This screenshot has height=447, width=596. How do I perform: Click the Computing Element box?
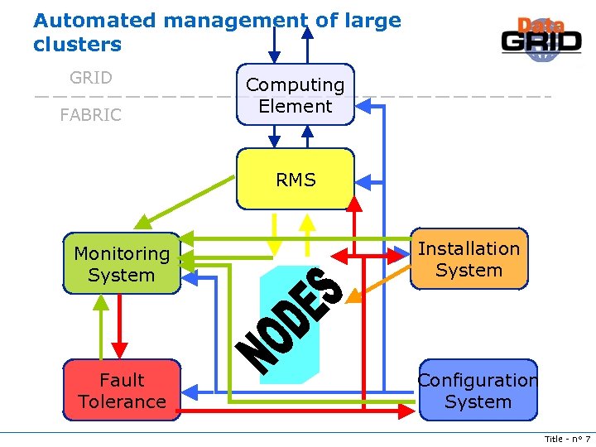[x=295, y=95]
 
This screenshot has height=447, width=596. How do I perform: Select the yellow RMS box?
[x=295, y=180]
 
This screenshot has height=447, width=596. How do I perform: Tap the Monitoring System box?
[x=122, y=264]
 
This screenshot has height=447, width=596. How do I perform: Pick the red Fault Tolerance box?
[x=122, y=391]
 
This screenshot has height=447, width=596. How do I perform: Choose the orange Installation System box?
[x=469, y=259]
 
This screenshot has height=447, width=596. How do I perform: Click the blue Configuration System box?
[x=478, y=391]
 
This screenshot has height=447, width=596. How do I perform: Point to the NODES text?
[x=290, y=319]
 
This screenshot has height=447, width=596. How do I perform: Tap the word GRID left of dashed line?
[x=91, y=78]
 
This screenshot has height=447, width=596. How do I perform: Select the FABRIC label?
[x=91, y=115]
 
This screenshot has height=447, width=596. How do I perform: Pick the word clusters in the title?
[x=77, y=45]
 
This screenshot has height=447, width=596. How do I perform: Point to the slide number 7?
[x=587, y=439]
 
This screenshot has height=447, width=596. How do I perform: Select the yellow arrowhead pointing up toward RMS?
[x=307, y=222]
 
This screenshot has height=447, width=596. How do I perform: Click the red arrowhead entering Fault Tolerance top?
[x=121, y=351]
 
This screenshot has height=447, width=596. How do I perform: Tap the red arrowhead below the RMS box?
[x=353, y=203]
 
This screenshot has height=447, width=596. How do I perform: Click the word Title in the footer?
[x=553, y=439]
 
